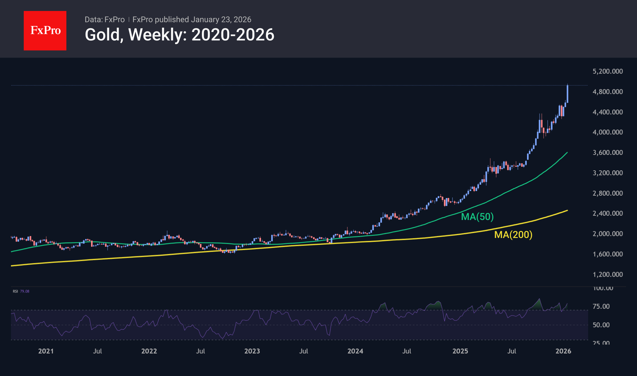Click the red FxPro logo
point(45,31)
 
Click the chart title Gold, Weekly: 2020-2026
point(179,35)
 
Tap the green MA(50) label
point(477,217)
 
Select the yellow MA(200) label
point(513,235)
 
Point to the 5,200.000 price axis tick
point(607,71)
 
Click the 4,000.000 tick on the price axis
point(607,132)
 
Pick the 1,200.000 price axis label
point(607,275)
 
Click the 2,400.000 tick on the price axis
point(607,213)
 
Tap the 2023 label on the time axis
point(252,351)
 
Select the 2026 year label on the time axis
point(563,351)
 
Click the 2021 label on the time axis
point(46,351)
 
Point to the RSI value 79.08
point(25,291)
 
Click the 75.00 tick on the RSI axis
point(601,307)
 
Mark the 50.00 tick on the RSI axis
point(601,325)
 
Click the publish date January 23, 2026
point(221,20)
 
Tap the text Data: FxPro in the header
point(104,20)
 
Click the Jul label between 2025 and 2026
point(512,351)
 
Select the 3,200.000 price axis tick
point(607,173)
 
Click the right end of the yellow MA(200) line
point(567,211)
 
